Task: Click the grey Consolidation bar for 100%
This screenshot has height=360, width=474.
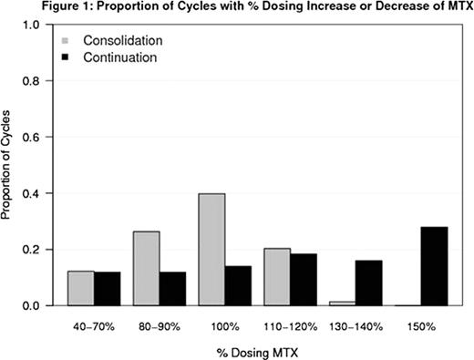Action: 211,249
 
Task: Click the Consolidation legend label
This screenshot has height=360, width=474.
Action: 122,41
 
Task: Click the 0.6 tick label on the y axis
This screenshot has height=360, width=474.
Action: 32,137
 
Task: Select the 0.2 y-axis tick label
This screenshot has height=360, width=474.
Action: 32,249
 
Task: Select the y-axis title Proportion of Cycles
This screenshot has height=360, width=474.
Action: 9,164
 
